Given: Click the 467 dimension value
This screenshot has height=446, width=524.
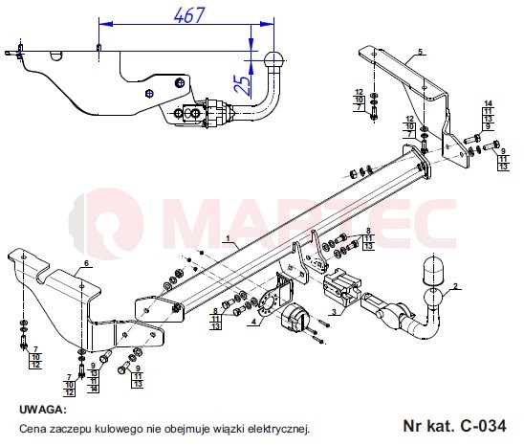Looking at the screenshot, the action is coord(188,15).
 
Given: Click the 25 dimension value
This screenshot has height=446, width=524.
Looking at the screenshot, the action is coord(243,85).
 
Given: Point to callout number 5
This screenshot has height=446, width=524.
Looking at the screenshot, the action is coord(421,52).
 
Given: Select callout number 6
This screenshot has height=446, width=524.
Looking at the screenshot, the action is coord(86,263).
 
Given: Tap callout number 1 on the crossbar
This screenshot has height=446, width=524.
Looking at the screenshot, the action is coord(228,238).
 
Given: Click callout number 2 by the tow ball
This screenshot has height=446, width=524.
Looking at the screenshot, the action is coord(455,286).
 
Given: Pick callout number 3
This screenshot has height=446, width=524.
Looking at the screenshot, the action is coord(334,312).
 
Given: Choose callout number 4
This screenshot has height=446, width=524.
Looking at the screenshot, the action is coord(254,322).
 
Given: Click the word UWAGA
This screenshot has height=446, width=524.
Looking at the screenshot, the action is coord(43,410).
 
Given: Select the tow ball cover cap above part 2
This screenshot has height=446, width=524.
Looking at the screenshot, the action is coord(432,270).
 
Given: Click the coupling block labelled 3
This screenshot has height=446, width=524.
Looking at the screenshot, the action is coord(341,286).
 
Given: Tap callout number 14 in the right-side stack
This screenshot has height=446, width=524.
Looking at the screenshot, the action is coord(489,103).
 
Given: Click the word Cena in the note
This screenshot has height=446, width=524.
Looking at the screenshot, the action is coord(33,429).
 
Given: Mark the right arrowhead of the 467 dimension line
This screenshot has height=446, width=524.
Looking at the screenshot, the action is coord(267,24).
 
